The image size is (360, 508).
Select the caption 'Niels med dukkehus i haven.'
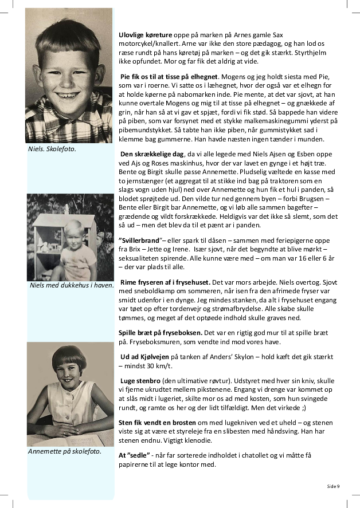[71, 285]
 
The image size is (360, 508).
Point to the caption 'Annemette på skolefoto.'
[64, 451]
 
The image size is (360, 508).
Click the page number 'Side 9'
[333, 486]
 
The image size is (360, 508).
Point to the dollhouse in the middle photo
[53, 247]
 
